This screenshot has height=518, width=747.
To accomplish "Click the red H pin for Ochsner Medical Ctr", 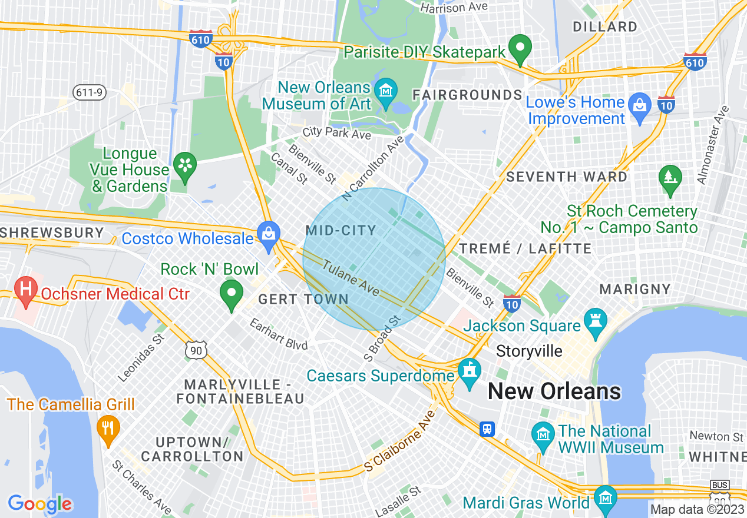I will [25, 290].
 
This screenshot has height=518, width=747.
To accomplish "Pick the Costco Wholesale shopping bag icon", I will [269, 234].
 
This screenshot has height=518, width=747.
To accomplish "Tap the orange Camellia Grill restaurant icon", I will [107, 427].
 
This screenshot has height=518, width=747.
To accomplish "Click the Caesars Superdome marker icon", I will [470, 372].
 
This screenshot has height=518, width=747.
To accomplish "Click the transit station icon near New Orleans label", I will [487, 428].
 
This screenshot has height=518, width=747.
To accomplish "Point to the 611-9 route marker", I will [88, 92].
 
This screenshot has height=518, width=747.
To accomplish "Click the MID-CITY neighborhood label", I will [341, 230].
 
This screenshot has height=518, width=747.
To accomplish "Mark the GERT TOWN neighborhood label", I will [304, 299].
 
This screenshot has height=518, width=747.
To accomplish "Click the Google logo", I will [40, 504].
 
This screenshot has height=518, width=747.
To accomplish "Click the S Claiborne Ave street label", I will [400, 441].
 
